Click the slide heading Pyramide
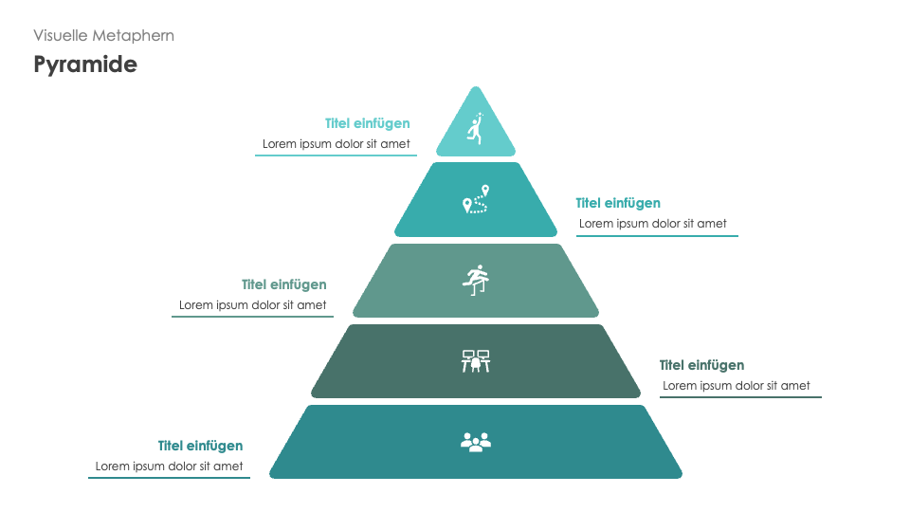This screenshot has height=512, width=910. point(85,64)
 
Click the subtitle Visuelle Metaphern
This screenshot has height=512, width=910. point(103,35)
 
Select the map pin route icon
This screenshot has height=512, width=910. point(476,200)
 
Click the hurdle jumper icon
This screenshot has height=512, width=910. point(476,279)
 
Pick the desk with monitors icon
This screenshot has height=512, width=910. point(476,361)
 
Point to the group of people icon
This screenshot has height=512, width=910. point(476,441)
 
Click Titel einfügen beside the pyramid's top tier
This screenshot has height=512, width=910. point(368,123)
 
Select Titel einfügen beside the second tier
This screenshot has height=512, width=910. point(618,203)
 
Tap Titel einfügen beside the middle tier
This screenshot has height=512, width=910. point(284,284)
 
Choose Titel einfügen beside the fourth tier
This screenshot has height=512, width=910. point(701,365)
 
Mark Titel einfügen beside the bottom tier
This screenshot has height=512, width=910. point(201,446)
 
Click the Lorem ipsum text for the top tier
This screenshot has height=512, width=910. point(337,144)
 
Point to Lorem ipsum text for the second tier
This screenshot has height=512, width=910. point(653,224)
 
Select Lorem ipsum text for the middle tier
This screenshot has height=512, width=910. point(253,305)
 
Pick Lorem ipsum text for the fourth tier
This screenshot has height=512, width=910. point(737,386)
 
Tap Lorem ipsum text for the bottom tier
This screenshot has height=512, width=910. point(170,466)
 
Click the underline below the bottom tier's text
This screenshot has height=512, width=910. point(170,478)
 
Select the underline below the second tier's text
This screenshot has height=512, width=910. point(657,235)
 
